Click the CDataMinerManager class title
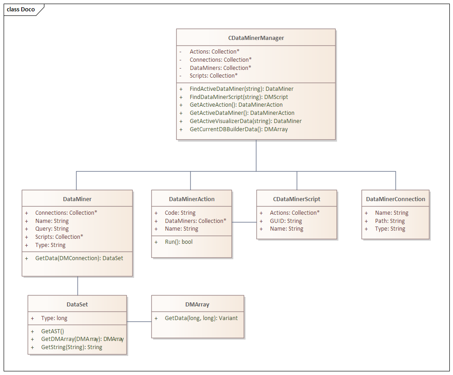coord(256,38)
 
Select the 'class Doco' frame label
coord(21,10)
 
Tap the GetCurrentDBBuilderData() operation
coord(239,129)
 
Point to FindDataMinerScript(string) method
coord(239,97)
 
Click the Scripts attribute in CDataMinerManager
coord(213,75)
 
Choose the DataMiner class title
coord(77,199)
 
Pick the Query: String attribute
coord(52,229)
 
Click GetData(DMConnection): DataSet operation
coord(79,258)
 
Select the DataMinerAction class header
coord(192,199)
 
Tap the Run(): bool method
coord(178,242)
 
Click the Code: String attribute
coord(180,213)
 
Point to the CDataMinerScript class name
coord(297,199)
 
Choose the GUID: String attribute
coord(286,221)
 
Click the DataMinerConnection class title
coord(395,199)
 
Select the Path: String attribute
coord(390,221)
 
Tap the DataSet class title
coord(77,305)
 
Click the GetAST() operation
coord(53,331)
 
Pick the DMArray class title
coord(198,305)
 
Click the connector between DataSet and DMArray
coord(139,321)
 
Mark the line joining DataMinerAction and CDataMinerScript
coord(244,222)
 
